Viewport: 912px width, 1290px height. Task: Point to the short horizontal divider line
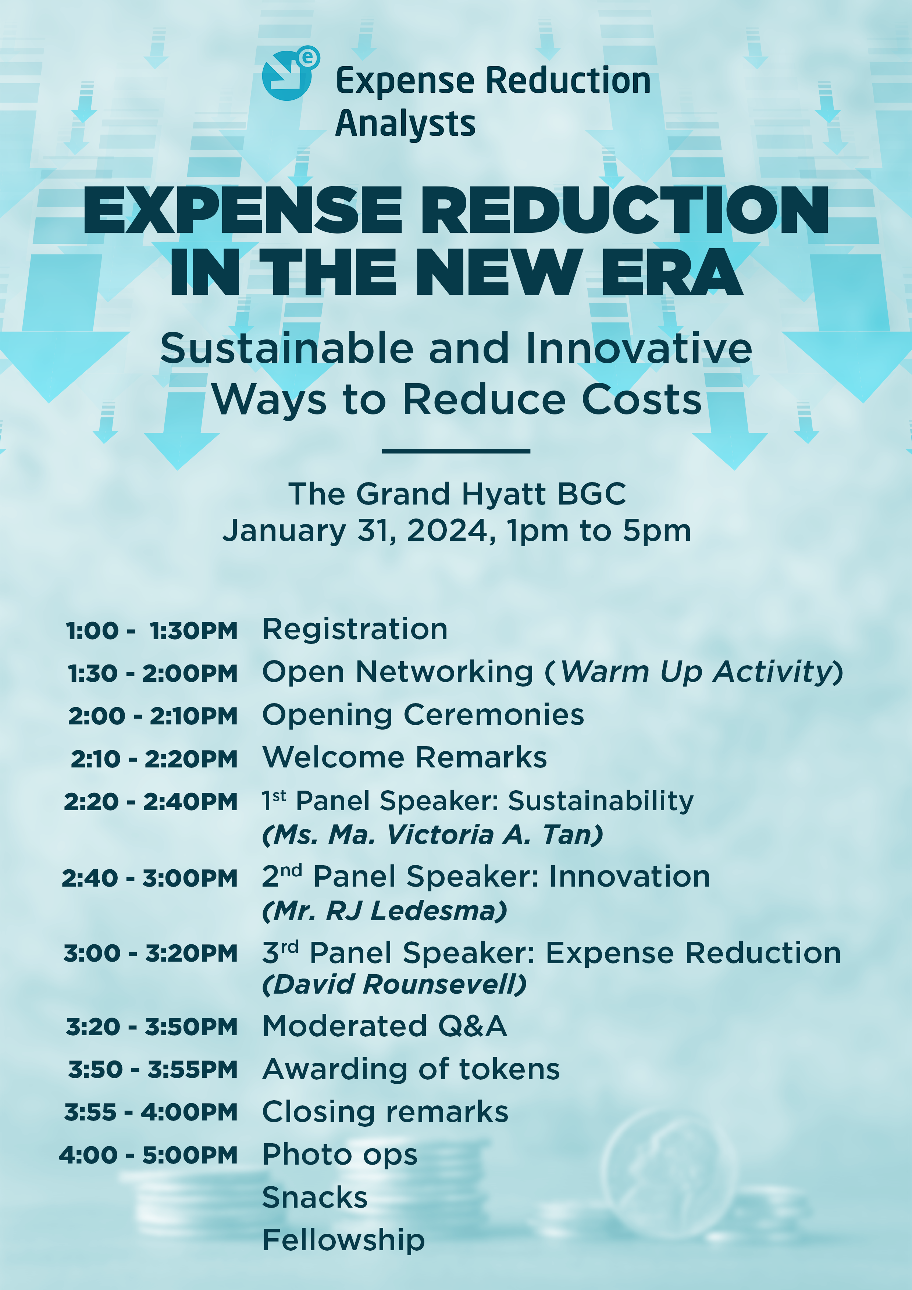(456, 450)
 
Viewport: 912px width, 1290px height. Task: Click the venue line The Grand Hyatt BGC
(457, 494)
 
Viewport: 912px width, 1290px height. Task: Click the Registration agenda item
(355, 629)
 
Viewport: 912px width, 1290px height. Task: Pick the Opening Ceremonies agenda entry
(423, 715)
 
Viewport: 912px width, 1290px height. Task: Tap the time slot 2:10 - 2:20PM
(154, 759)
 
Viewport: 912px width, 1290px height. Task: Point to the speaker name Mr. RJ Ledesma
(384, 911)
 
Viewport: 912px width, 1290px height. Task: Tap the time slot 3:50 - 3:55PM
(153, 1070)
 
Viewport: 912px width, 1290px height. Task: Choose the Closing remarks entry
(385, 1112)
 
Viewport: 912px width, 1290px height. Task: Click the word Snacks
(315, 1197)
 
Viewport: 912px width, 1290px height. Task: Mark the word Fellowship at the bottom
(344, 1240)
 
